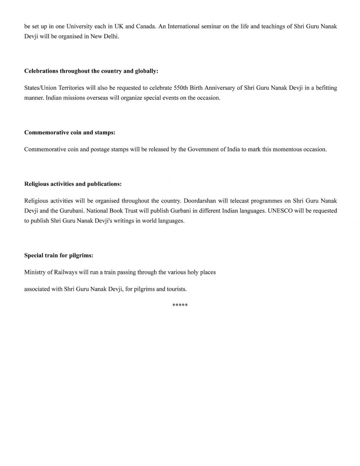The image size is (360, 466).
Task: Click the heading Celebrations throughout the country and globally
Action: [x=91, y=71]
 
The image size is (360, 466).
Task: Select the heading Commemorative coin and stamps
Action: [x=70, y=132]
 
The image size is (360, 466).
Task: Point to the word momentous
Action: [x=290, y=149]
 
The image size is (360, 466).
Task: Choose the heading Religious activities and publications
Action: [x=73, y=184]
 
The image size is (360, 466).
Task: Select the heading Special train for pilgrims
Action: [x=59, y=256]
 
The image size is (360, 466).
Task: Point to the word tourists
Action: [x=176, y=289]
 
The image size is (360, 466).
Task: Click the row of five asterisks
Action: [x=180, y=306]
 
